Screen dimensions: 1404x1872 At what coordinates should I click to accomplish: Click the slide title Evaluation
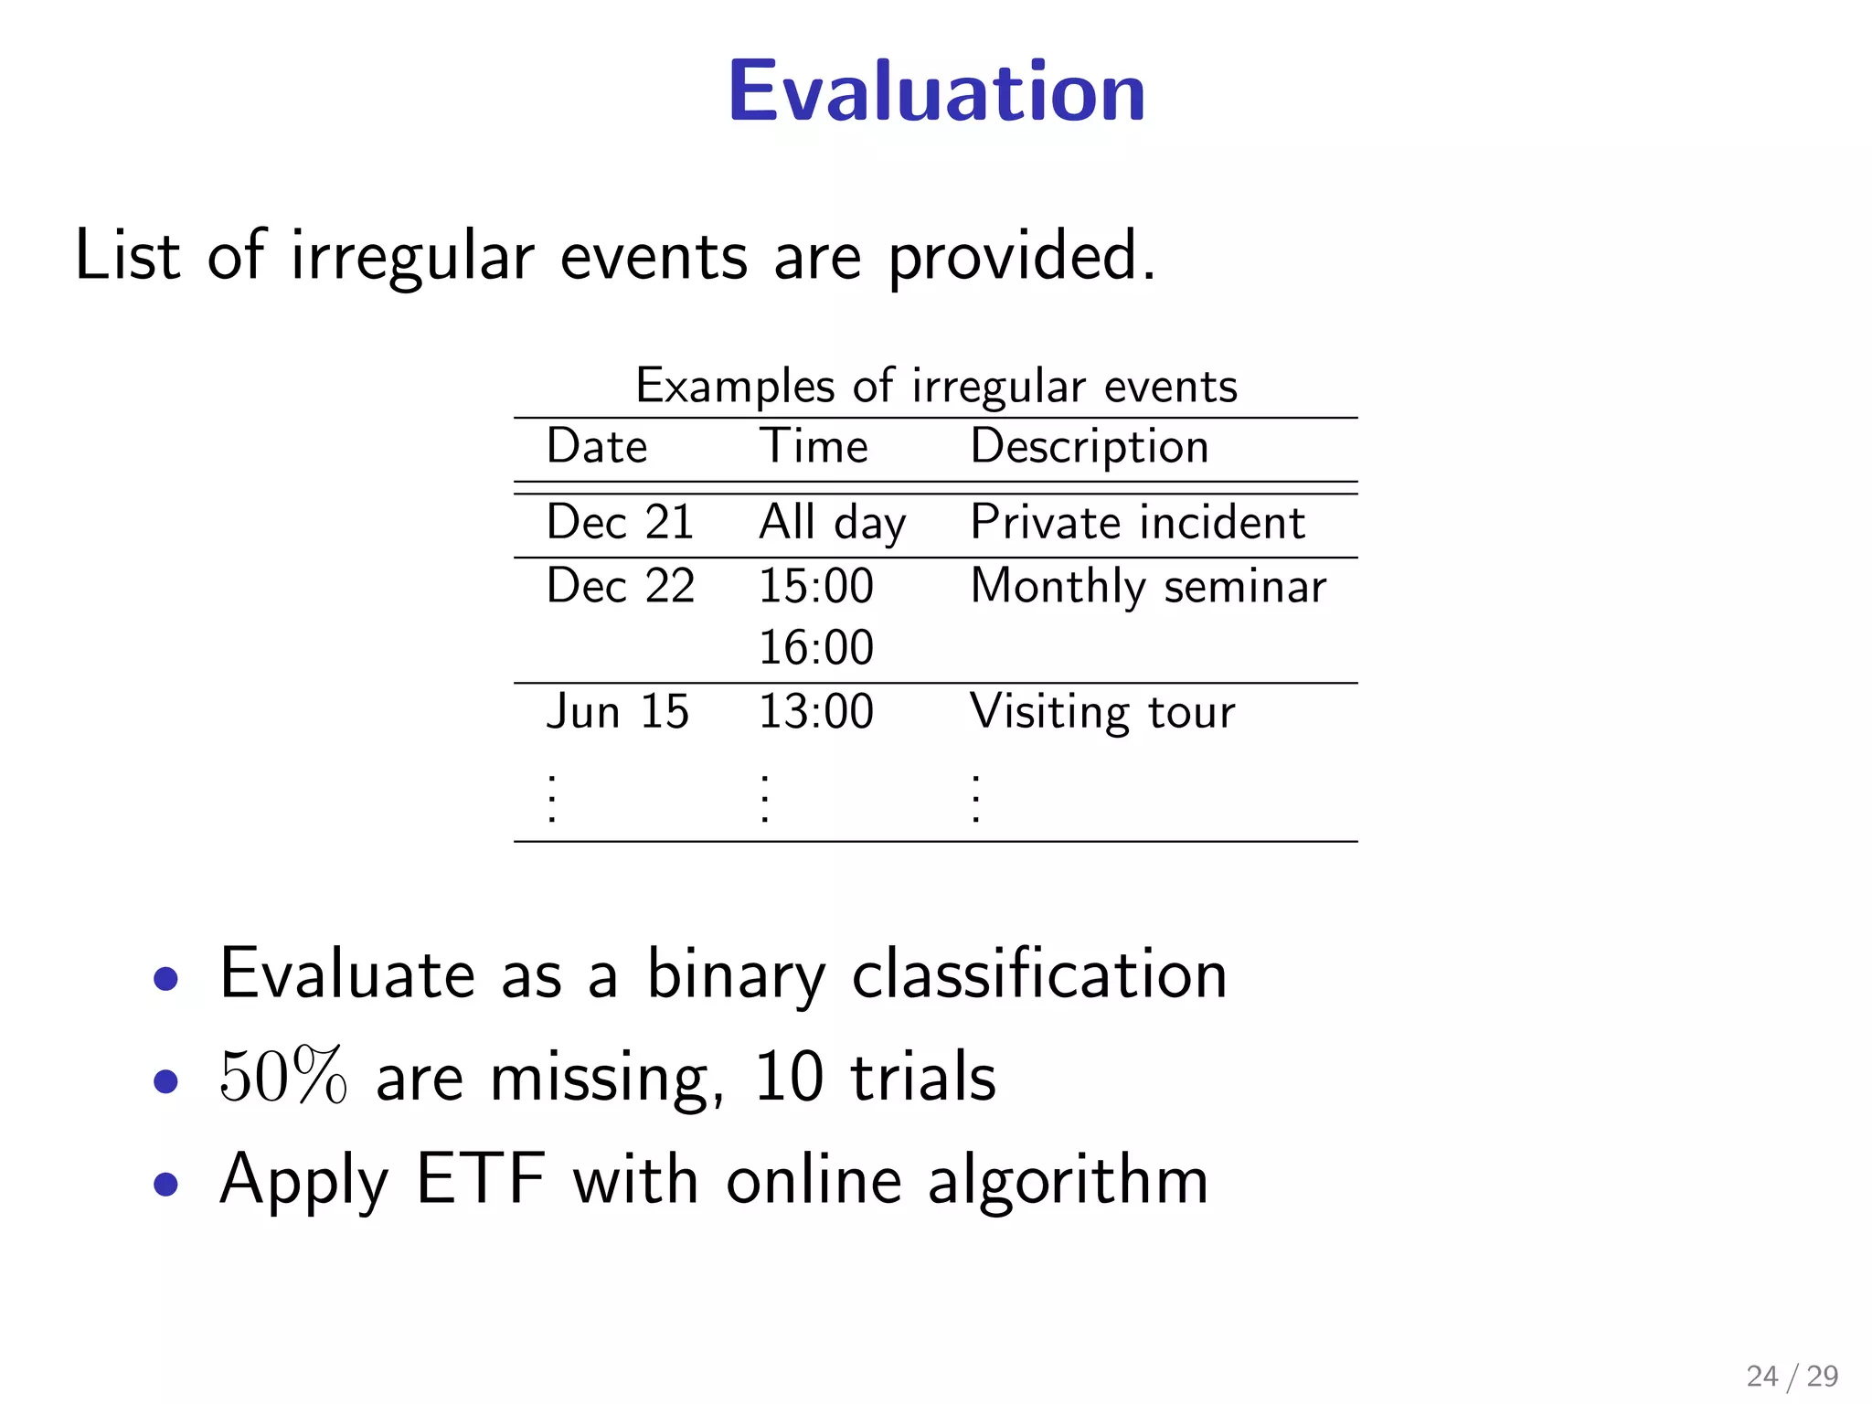[936, 91]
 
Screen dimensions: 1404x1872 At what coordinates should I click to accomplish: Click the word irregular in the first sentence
[412, 256]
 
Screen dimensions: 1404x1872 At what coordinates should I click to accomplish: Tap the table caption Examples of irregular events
[936, 386]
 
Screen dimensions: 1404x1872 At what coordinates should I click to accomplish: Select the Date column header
[597, 447]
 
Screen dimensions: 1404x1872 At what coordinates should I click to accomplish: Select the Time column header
[814, 447]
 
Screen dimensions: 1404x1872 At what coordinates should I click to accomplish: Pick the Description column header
[1090, 447]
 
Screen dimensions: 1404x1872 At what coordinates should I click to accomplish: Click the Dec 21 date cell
[620, 523]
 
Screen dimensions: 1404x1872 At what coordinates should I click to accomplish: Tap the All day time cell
[832, 524]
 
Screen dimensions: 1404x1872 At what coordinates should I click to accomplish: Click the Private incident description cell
[1137, 523]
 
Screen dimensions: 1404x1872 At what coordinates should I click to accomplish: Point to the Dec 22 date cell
[620, 586]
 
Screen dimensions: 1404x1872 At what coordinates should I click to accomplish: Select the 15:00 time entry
[816, 586]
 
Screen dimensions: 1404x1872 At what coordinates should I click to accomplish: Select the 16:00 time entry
[816, 648]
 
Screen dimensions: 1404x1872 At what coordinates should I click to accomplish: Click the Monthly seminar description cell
[1148, 587]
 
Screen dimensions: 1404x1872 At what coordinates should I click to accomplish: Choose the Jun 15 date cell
[617, 712]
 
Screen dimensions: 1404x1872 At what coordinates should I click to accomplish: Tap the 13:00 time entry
[816, 712]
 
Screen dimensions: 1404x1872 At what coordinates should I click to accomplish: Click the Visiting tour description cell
[1102, 712]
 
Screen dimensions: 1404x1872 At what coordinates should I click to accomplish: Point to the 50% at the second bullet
[283, 1077]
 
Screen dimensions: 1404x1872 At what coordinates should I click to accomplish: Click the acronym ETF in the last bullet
[481, 1180]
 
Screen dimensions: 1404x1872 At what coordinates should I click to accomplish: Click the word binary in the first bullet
[736, 975]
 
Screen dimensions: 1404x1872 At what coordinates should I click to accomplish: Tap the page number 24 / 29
[1792, 1376]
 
